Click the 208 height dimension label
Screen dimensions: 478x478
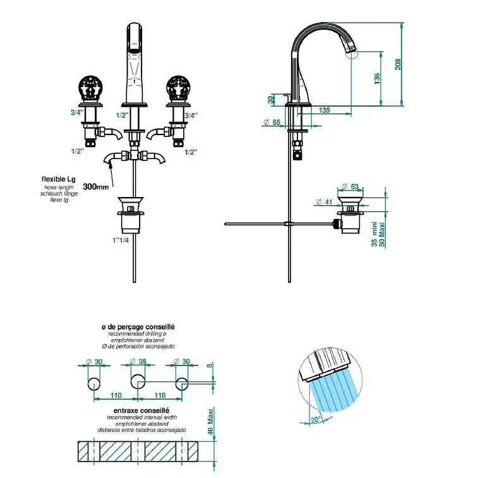(x=398, y=64)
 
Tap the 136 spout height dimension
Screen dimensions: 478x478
(x=377, y=79)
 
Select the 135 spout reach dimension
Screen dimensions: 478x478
(x=325, y=110)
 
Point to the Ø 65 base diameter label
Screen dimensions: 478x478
(x=272, y=122)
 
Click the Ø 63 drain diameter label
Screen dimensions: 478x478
(x=350, y=186)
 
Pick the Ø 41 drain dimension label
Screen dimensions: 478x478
(x=324, y=202)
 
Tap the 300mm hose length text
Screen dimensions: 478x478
(x=96, y=186)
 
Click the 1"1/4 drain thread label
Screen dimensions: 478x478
(x=121, y=240)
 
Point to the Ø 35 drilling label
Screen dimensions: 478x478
(x=138, y=362)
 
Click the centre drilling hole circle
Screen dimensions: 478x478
(x=138, y=381)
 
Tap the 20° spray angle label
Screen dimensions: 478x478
(x=315, y=420)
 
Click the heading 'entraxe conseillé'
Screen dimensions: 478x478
(x=141, y=410)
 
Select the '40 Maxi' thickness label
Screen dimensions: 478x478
(x=210, y=422)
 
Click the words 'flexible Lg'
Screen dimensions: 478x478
(x=59, y=179)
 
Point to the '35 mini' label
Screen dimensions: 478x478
(x=374, y=234)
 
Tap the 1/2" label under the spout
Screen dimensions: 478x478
(x=122, y=115)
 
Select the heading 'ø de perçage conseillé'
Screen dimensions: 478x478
(x=138, y=327)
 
